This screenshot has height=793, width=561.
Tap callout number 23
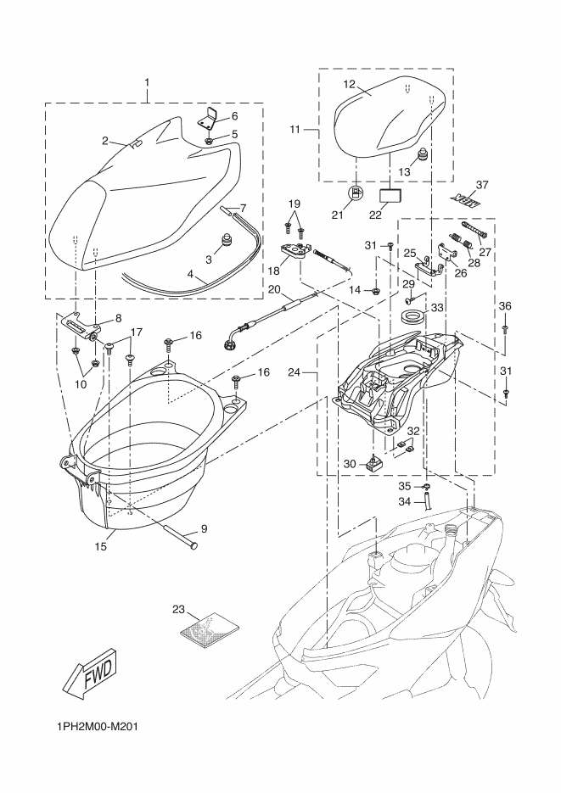point(177,609)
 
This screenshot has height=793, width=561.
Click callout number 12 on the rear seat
point(349,84)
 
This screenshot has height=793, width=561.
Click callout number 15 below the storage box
point(100,547)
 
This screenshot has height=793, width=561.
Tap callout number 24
point(294,371)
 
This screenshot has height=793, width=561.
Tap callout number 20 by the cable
point(273,289)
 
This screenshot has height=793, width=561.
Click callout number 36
point(505,306)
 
